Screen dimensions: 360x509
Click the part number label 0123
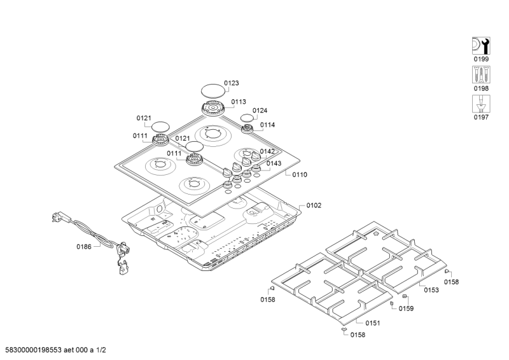coord(232,83)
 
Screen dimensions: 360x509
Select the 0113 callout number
coord(239,101)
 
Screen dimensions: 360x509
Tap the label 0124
coord(260,111)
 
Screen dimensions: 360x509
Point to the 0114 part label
coord(267,125)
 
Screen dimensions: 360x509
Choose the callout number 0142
coord(267,151)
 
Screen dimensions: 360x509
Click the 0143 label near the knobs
coord(274,163)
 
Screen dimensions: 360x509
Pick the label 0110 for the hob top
coord(300,175)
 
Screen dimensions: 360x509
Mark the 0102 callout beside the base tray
coord(314,205)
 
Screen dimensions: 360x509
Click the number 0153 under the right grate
coord(431,289)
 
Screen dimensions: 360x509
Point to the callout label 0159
coord(406,308)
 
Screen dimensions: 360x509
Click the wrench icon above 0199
coord(480,45)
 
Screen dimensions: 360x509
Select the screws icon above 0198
coord(480,74)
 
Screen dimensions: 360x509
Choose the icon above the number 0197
coord(480,104)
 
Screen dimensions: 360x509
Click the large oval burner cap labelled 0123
coord(214,91)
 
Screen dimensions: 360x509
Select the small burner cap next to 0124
coord(247,118)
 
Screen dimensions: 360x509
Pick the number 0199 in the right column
coord(480,59)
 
